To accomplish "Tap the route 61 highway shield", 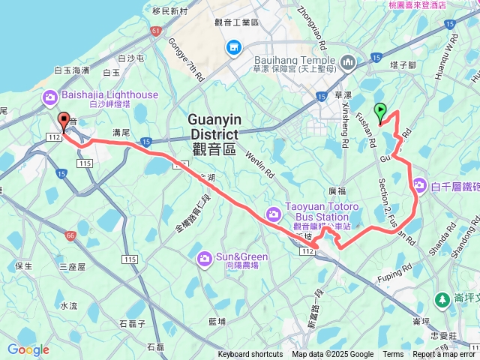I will pyautogui.click(x=155, y=31).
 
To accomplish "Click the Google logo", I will pyautogui.click(x=28, y=349).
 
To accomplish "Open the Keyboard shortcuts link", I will pyautogui.click(x=250, y=355).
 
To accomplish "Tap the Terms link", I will pyautogui.click(x=393, y=355).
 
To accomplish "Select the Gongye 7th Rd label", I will pyautogui.click(x=185, y=58).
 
